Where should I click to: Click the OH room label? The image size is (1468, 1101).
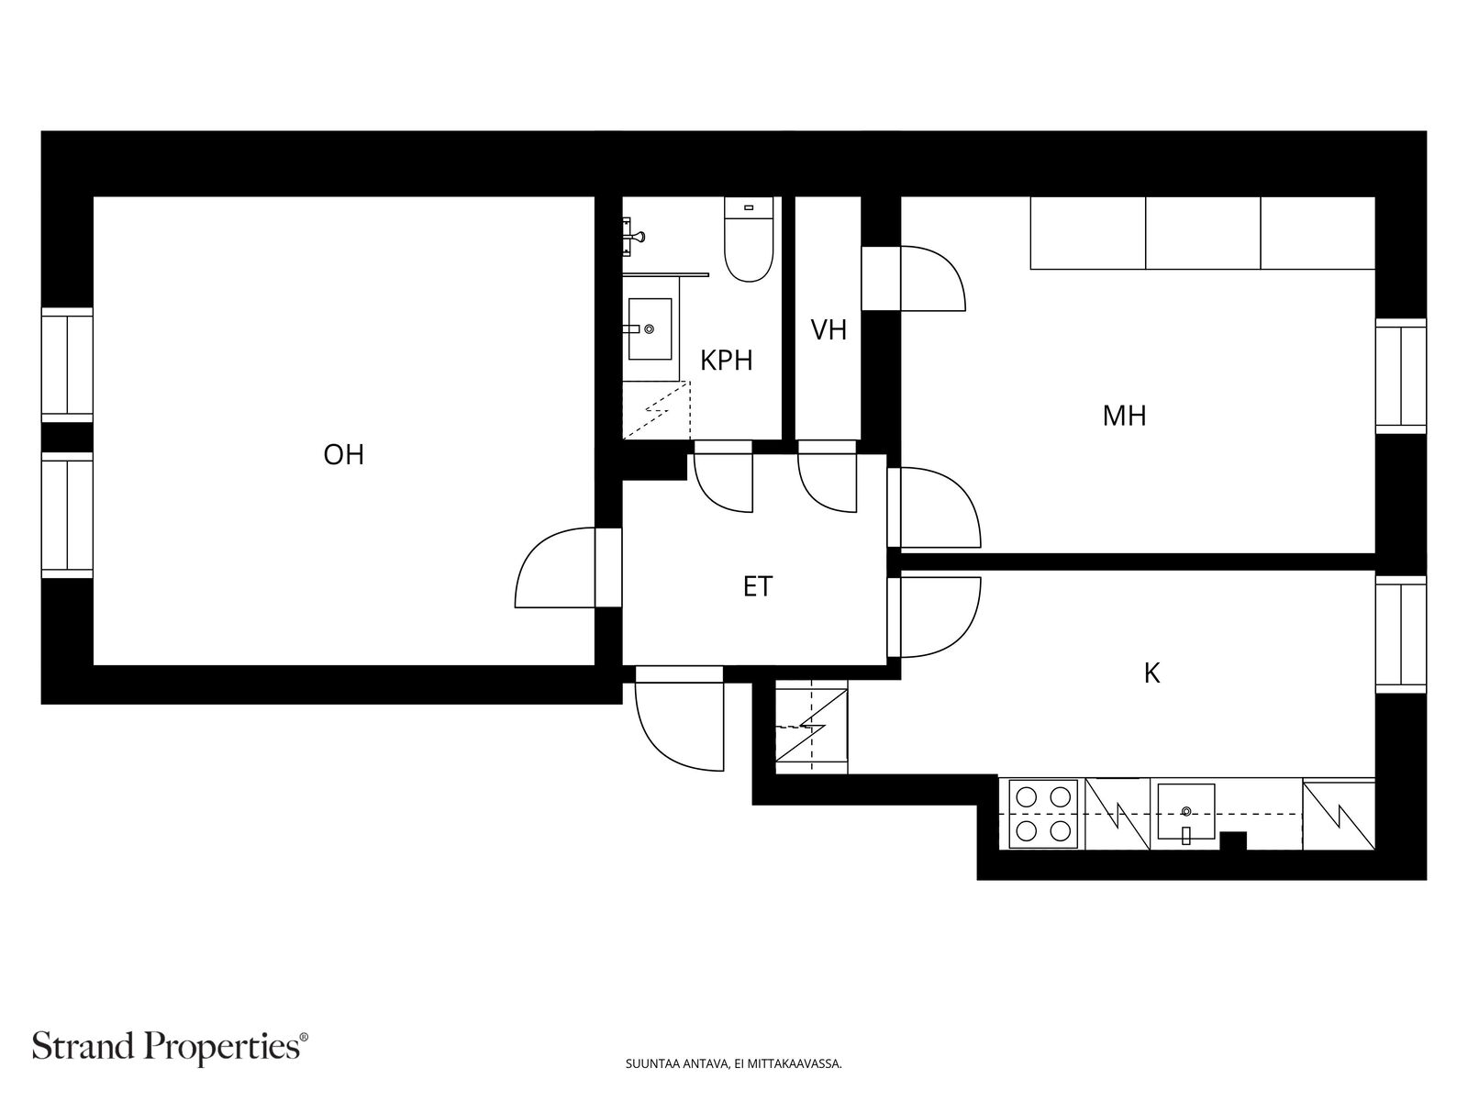[x=343, y=455]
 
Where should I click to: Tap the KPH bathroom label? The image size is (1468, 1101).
[x=727, y=361]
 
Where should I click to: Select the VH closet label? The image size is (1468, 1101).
[x=829, y=330]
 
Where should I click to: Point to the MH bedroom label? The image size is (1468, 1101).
[x=1124, y=416]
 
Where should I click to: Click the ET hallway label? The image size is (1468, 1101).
[x=758, y=587]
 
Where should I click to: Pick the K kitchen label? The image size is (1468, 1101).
[x=1151, y=673]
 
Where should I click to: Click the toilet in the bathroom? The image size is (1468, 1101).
[x=749, y=239]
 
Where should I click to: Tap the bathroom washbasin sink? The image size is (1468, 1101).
[x=650, y=328]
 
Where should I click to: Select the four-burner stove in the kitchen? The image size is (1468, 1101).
[x=1043, y=814]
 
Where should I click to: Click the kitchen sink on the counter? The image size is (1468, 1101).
[x=1185, y=812]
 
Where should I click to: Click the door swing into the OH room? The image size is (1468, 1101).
[x=554, y=568]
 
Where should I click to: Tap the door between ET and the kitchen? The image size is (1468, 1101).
[x=934, y=617]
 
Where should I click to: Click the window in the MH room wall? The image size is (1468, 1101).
[x=1400, y=376]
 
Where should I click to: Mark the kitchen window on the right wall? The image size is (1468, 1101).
[x=1400, y=634]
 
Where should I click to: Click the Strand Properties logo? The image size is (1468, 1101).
[x=171, y=1046]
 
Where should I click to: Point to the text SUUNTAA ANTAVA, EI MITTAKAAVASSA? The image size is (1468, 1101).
[x=733, y=1063]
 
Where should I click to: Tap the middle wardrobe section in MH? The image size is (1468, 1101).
[x=1203, y=233]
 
